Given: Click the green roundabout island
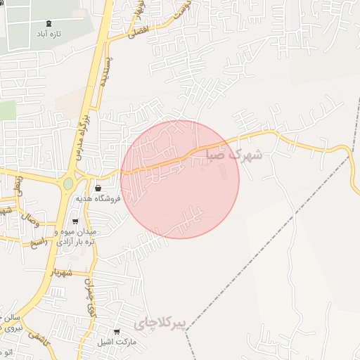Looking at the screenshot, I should pos(68,184).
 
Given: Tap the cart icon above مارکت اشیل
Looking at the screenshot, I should pos(117,332).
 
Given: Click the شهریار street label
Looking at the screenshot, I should pos(63,272).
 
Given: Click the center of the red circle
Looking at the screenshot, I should pos(180,179).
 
